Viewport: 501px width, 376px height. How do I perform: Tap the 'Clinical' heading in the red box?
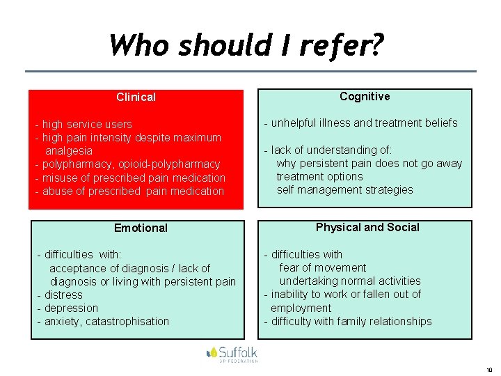(x=136, y=97)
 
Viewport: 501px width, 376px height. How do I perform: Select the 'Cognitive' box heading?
(x=365, y=97)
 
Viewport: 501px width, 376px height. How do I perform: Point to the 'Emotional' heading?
(x=141, y=228)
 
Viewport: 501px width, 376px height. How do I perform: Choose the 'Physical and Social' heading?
(x=367, y=227)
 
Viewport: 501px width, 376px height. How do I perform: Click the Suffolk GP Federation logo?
(x=232, y=354)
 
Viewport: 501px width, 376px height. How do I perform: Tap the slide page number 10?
(x=489, y=370)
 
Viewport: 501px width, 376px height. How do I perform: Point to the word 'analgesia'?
(x=69, y=151)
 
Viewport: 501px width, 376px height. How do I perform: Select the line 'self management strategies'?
(x=344, y=190)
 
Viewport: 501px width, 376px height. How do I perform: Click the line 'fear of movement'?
(x=322, y=268)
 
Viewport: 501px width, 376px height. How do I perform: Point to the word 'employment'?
(x=301, y=308)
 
